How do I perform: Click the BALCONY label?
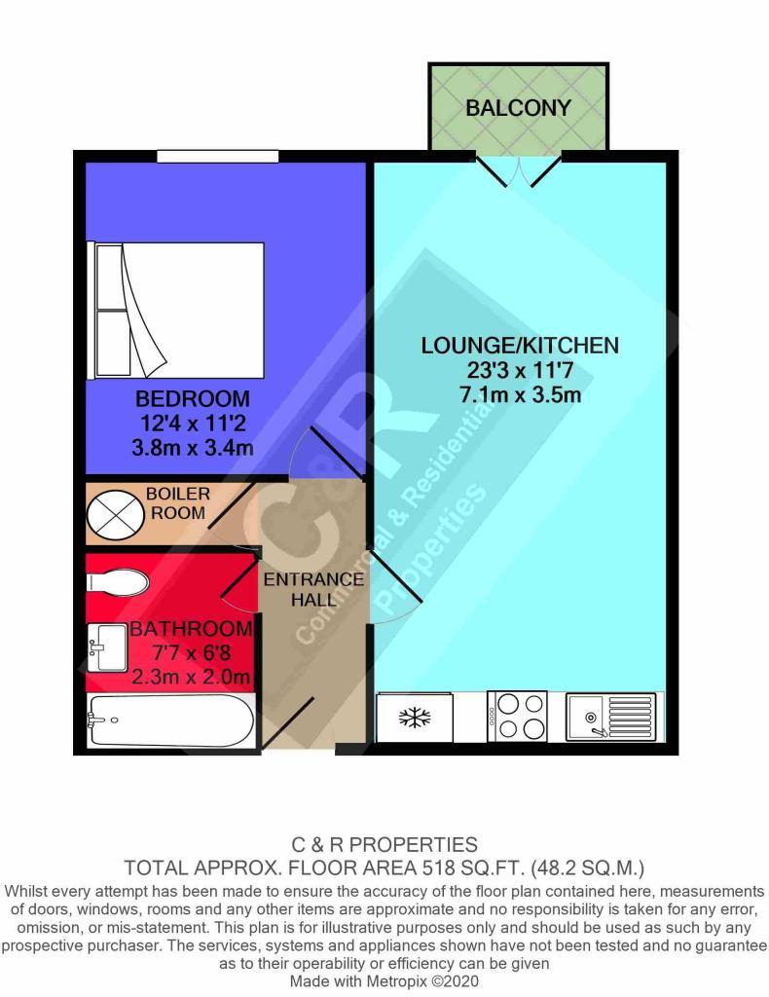coord(518,107)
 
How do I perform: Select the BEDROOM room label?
coord(193,398)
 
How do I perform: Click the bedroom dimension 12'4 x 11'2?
coord(193,423)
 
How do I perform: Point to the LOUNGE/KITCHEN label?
coord(520,346)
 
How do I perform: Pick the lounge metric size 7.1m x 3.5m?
coord(520,395)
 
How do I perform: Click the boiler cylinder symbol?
coord(115,513)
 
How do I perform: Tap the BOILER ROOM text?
coord(178,503)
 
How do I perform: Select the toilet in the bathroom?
coord(118,582)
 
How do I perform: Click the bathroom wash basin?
coord(107,647)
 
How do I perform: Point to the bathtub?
coord(171,720)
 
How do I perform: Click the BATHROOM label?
coord(192,629)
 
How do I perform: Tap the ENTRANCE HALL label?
coord(313,589)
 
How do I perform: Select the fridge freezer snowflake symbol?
coord(415,718)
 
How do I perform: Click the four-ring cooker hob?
coord(517,716)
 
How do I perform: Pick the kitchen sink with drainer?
coord(610,717)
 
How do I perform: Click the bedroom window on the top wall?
coord(218,157)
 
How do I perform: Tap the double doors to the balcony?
coord(520,169)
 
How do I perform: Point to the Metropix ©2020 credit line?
coord(384,980)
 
